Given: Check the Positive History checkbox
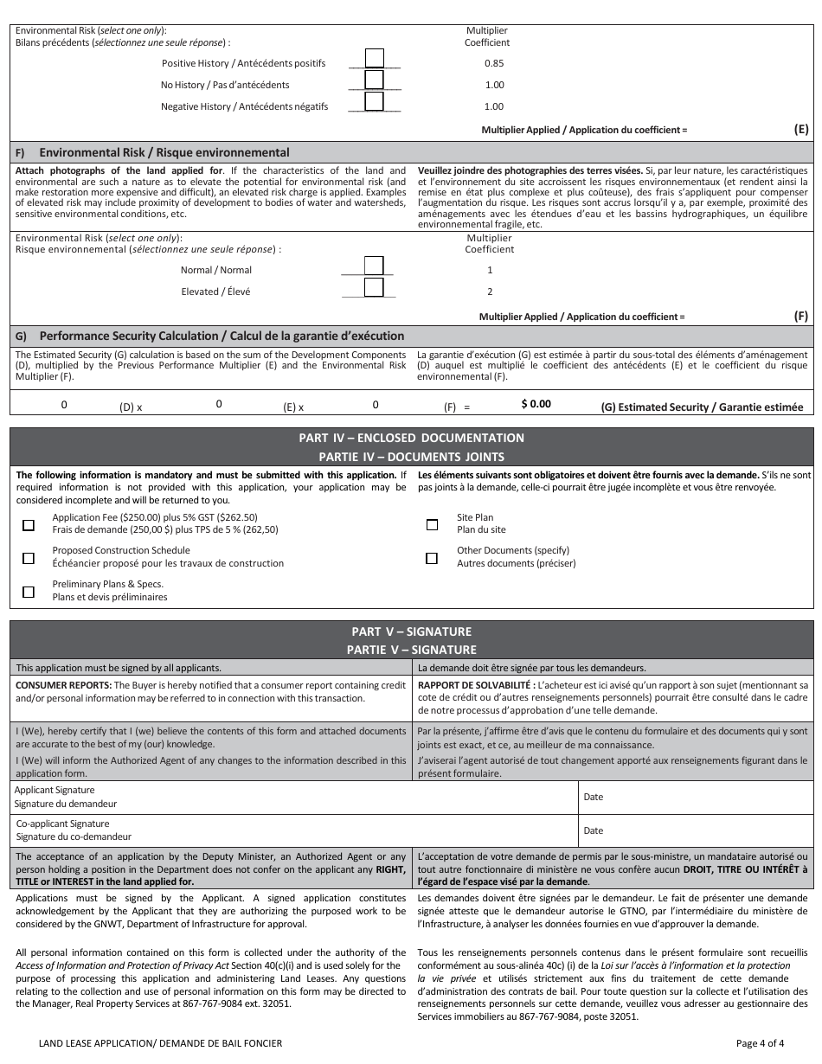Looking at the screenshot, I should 375,58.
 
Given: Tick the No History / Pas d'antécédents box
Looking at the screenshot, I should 375,80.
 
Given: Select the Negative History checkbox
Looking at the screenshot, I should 375,101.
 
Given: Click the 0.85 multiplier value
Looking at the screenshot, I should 494,63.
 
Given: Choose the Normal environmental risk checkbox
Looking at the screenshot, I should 374,266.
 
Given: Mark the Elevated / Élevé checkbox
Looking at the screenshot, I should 374,287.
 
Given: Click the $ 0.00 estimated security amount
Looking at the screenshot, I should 536,404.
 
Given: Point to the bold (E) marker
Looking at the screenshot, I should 800,129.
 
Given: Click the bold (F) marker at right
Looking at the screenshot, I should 800,317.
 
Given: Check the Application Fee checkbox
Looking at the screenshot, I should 29,525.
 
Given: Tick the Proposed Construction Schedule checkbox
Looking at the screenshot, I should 29,558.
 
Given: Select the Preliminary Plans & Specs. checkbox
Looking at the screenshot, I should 29,592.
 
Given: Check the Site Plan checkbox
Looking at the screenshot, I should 432,525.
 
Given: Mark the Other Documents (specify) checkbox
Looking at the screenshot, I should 432,558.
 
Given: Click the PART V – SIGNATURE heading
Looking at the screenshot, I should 411,632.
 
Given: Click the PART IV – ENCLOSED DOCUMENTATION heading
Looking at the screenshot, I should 411,438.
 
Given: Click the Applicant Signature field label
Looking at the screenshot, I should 55,790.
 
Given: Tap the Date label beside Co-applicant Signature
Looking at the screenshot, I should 594,830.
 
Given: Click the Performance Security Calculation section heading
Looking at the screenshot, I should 222,336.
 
